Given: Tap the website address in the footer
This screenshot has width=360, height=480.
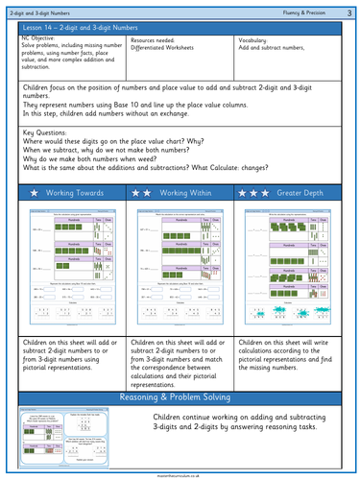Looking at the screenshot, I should click(180, 474).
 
